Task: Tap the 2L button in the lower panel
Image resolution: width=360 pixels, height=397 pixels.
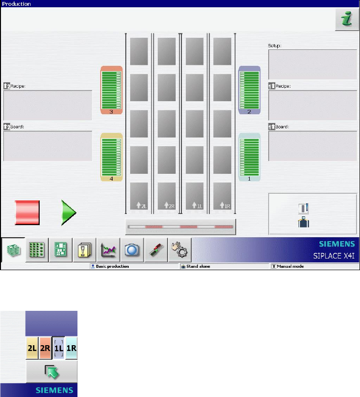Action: (x=32, y=348)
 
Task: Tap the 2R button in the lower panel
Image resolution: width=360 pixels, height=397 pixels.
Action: (x=45, y=348)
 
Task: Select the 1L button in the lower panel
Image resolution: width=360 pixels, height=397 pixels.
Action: (x=58, y=348)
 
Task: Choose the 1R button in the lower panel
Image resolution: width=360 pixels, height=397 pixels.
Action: (x=71, y=348)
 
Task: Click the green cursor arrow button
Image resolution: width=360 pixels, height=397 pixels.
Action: (x=51, y=371)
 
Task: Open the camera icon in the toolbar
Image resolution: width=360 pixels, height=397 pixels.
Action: (x=132, y=250)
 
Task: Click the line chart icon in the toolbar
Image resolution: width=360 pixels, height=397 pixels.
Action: (x=108, y=250)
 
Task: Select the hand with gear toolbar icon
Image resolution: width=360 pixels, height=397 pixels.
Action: (x=180, y=250)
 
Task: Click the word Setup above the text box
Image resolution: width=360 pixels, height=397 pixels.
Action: (x=275, y=46)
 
